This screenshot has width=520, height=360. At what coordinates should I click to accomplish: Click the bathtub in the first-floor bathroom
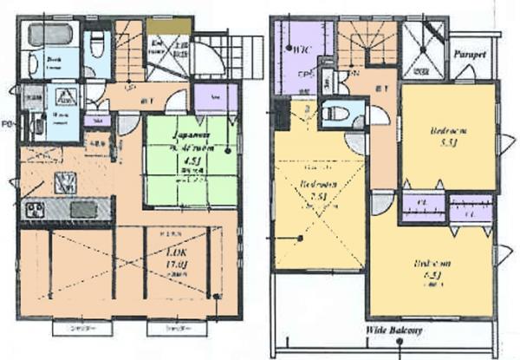(47, 36)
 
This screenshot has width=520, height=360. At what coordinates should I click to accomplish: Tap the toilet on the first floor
(97, 43)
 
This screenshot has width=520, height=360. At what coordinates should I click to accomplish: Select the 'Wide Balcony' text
(393, 331)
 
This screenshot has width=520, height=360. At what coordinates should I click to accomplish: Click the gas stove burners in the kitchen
(35, 209)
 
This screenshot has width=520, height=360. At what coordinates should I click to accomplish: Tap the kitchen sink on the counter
(84, 209)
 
